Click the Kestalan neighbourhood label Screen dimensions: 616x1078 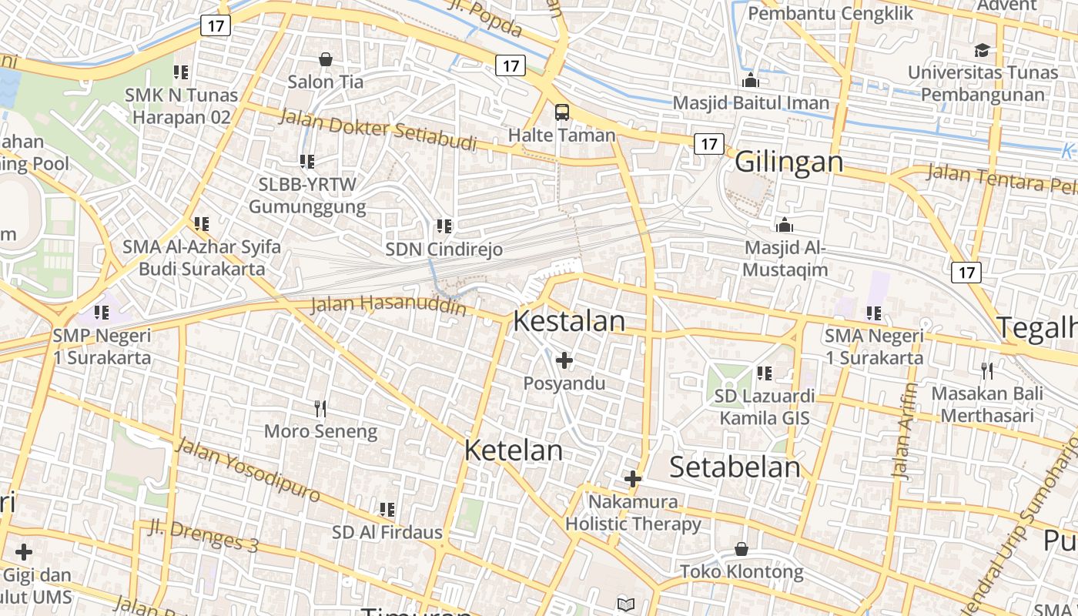pos(569,321)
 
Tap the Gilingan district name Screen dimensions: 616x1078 pos(788,162)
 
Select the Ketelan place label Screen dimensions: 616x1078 pos(513,450)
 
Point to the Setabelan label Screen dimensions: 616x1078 pos(735,467)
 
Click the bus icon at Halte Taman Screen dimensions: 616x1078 pos(562,112)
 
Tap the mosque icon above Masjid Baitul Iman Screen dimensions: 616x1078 pos(751,80)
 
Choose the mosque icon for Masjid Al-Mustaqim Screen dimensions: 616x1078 pos(785,225)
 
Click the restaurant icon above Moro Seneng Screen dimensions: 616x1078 pos(320,408)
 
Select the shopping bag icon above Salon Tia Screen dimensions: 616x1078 pos(326,59)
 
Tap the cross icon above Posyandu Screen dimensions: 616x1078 pos(564,360)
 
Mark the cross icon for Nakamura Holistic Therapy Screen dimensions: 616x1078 pos(633,479)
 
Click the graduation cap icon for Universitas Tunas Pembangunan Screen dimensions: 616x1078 pos(982,51)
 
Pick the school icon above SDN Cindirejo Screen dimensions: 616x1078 pos(444,226)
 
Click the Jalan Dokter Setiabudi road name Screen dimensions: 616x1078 pos(377,129)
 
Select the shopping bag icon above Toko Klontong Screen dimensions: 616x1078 pos(741,549)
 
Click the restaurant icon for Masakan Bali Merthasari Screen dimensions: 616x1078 pos(987,371)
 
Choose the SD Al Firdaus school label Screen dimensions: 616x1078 pos(387,532)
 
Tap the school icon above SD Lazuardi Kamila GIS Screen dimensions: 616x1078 pos(764,373)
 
